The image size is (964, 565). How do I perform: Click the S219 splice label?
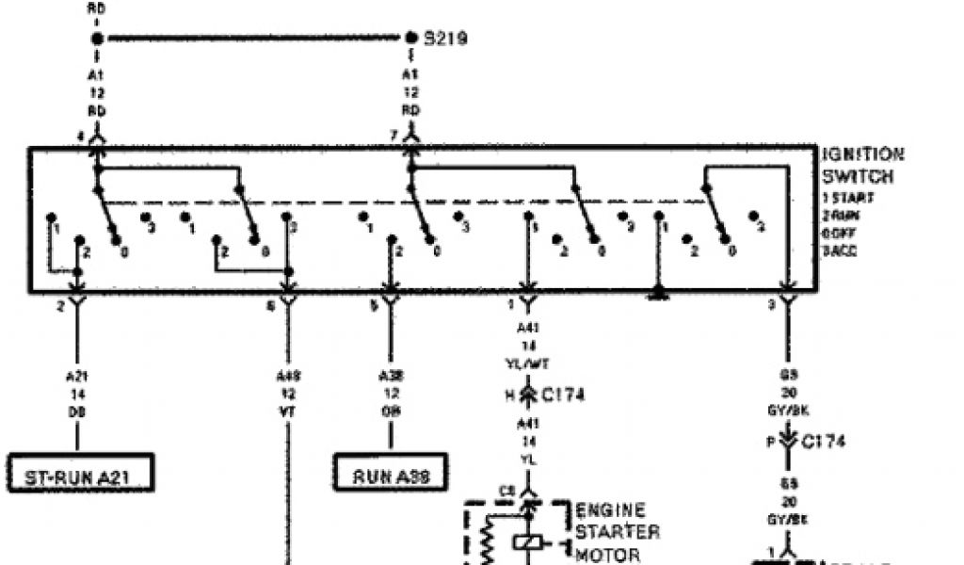(446, 39)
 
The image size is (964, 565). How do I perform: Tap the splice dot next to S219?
(411, 39)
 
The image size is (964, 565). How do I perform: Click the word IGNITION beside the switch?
(862, 154)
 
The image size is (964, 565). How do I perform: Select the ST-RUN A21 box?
(80, 476)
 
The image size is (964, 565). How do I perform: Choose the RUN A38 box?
(391, 476)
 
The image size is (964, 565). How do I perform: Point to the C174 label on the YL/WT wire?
(562, 395)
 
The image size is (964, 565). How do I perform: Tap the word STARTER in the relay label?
(617, 532)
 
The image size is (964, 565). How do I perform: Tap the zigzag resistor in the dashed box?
(488, 544)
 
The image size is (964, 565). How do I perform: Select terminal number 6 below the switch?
(271, 306)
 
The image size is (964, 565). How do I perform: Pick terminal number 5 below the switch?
(374, 306)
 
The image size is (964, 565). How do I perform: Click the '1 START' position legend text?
(847, 199)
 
